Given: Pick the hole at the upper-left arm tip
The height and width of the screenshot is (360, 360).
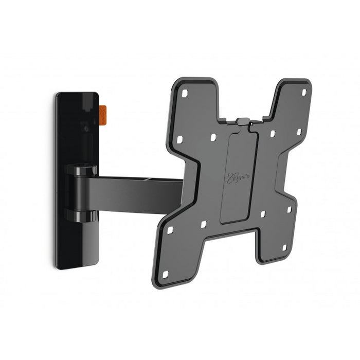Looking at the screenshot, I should click(x=185, y=93).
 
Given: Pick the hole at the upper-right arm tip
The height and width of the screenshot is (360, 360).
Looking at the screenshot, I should click(x=303, y=92).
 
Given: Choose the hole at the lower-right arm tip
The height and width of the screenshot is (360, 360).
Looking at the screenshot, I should click(x=284, y=247).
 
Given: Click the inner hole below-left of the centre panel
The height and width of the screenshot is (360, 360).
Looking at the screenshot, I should click(x=203, y=224).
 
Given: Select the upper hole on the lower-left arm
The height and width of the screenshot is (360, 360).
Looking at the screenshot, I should click(x=170, y=229).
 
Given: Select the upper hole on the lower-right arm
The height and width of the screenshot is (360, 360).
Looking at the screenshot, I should click(x=289, y=210).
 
